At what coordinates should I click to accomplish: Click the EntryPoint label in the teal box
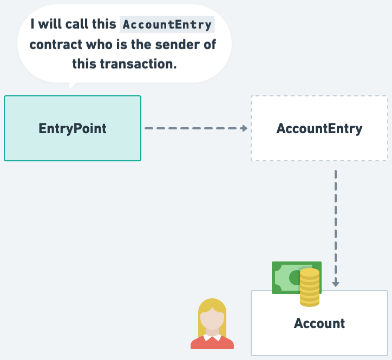pos(73,129)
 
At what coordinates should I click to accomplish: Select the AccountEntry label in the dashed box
pos(319,129)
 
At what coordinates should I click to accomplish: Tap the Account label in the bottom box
pos(319,324)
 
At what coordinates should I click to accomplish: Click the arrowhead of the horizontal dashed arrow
pos(244,128)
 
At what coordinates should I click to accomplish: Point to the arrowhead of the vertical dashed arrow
pos(336,283)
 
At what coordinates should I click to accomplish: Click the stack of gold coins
pos(310,287)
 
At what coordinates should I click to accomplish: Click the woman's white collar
pos(212,337)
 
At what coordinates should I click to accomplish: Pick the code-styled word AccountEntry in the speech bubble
pos(167,25)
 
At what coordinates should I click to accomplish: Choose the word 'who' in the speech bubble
pos(99,44)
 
